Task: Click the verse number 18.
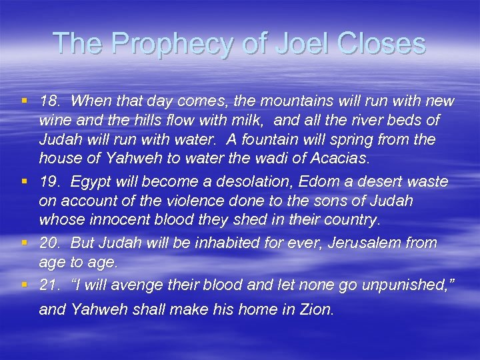coord(51,101)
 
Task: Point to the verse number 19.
coord(51,182)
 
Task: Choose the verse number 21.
coord(51,285)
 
